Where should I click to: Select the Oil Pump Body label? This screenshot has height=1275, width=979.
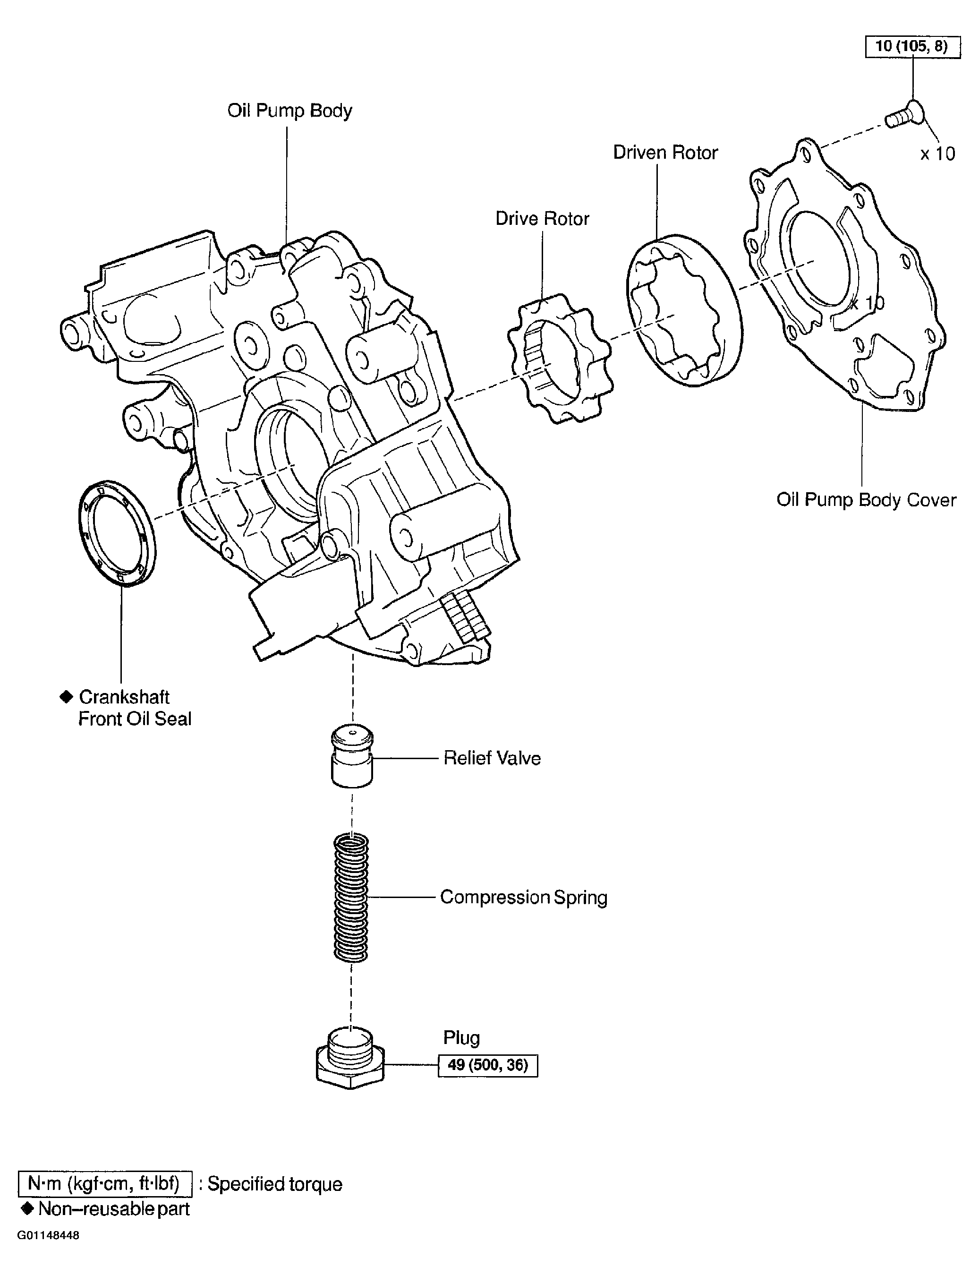click(x=289, y=110)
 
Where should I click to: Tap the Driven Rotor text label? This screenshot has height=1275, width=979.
click(x=665, y=153)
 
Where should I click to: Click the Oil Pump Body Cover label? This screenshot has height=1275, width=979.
click(x=866, y=500)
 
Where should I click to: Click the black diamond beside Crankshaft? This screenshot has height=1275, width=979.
click(x=67, y=696)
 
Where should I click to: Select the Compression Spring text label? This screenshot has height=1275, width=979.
click(x=523, y=897)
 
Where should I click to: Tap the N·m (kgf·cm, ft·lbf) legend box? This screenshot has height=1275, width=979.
click(x=105, y=1184)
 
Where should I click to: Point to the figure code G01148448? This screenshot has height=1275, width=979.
click(x=48, y=1235)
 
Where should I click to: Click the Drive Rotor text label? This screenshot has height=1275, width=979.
click(x=542, y=219)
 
